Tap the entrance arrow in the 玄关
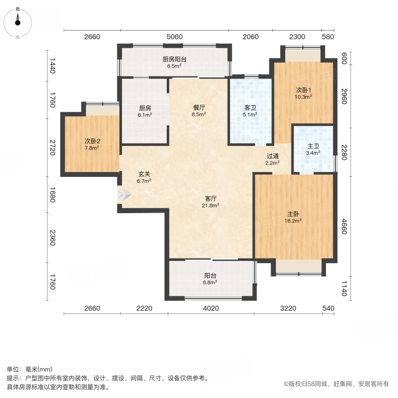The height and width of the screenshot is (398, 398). [125, 194]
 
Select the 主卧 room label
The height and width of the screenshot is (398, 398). [294, 216]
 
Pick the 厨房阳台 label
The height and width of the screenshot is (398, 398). [174, 62]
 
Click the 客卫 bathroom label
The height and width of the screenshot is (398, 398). [250, 111]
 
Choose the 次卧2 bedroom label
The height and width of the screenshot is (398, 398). [92, 144]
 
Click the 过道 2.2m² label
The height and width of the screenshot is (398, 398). [272, 159]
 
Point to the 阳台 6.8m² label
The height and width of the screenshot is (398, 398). [210, 279]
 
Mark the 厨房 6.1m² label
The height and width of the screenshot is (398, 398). [145, 111]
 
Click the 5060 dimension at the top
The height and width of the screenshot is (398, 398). [174, 37]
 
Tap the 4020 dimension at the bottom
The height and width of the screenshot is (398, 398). [210, 308]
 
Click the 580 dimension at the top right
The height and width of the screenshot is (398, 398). [328, 37]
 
